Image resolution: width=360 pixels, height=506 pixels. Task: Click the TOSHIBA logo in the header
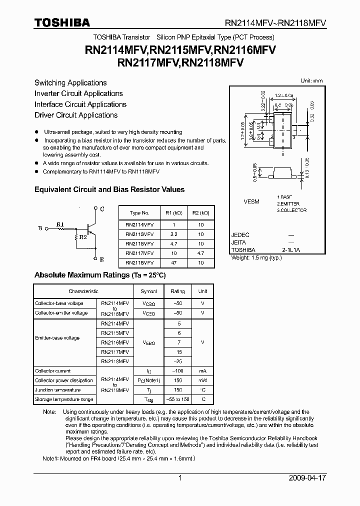(x=62, y=22)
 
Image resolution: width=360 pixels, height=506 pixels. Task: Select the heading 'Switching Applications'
(x=70, y=83)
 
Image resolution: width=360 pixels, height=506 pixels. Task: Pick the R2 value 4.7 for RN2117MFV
(x=200, y=253)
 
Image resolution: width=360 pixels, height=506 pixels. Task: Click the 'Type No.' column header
(x=139, y=213)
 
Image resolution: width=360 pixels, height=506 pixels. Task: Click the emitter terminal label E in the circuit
(x=101, y=259)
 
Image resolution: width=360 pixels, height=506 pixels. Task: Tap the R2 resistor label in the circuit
(x=83, y=237)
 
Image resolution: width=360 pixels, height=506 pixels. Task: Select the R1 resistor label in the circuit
(x=60, y=224)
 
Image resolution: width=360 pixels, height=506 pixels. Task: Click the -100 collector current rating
(x=177, y=371)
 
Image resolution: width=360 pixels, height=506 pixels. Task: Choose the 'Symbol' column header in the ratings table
(x=148, y=291)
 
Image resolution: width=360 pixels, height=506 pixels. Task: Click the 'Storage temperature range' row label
(x=64, y=399)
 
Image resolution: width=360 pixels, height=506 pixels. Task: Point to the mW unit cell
(x=202, y=380)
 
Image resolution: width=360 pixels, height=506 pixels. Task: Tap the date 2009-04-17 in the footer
(x=307, y=478)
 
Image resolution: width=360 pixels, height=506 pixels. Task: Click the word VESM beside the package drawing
(x=251, y=201)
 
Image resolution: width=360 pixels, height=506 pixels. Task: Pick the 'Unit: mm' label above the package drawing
(x=311, y=80)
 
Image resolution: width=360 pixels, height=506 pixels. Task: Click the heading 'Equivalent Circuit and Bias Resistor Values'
(x=109, y=190)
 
